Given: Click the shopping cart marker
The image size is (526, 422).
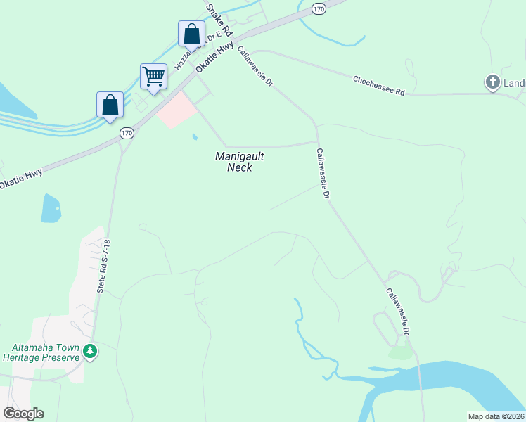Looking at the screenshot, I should [x=153, y=76].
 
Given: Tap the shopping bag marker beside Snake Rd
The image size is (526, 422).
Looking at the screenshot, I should [x=192, y=33].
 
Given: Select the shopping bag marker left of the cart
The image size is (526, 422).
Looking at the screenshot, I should [x=110, y=105].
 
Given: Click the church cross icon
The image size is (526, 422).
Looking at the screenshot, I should [x=492, y=82].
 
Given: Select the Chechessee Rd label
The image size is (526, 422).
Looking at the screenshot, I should [x=379, y=86].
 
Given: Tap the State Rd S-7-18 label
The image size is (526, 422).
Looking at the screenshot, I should [x=105, y=267].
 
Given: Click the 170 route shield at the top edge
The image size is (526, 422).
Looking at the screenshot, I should [x=319, y=8].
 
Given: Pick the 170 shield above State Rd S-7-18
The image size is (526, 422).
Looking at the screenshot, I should [x=126, y=132].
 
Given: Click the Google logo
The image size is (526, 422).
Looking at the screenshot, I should [x=23, y=413].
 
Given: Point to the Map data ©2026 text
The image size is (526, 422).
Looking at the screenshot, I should [x=496, y=416].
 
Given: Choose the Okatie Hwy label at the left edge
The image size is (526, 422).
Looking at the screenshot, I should [x=21, y=177].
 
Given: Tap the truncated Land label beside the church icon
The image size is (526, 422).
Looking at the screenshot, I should [x=514, y=84].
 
